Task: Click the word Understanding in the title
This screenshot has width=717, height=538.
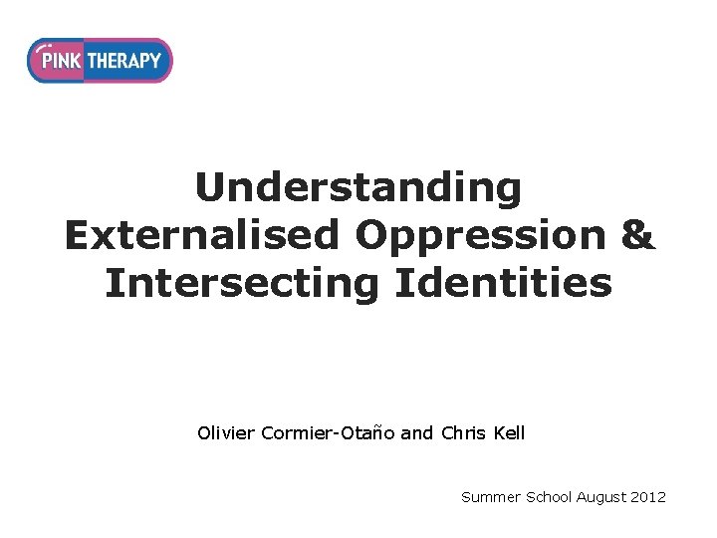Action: pos(358,187)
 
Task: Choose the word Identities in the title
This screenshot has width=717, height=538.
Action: pos(503,282)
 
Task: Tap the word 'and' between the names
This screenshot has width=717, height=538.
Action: pos(419,433)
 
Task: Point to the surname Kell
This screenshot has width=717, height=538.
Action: pos(508,433)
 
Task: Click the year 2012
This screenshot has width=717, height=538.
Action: pos(649,496)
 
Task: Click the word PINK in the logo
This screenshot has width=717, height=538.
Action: pos(59,61)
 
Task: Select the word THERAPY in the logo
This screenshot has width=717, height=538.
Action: pos(124,61)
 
